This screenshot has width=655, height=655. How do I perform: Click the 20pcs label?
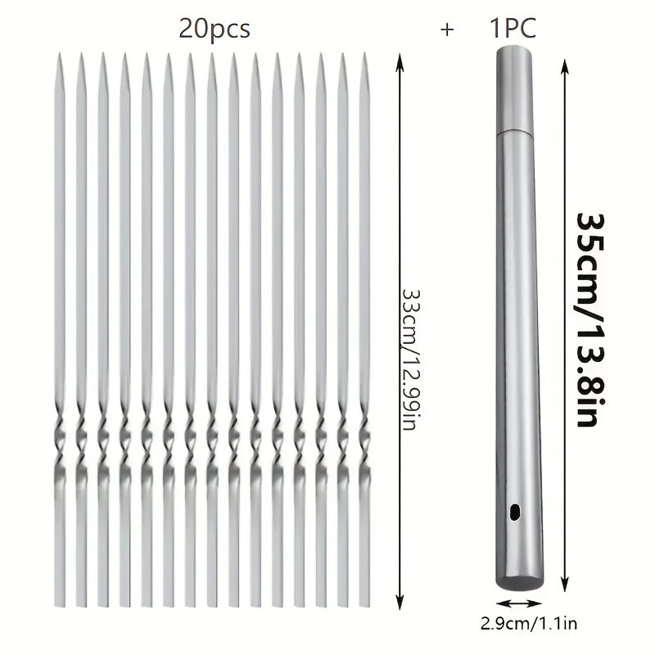(x=215, y=29)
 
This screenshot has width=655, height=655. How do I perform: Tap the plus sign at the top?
(x=446, y=30)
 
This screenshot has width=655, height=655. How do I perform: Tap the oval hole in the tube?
(x=515, y=512)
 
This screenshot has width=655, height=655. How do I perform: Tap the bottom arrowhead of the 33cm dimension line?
(x=399, y=603)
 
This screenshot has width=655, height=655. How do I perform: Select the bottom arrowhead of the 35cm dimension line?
(x=564, y=579)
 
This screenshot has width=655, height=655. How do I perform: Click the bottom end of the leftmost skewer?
(x=59, y=604)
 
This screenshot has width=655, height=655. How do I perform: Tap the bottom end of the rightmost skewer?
(x=364, y=604)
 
